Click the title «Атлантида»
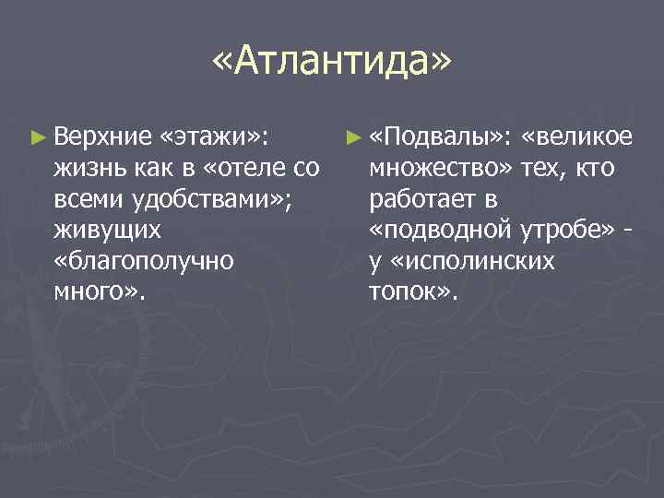[332, 63]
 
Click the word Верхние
[102, 138]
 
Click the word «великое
[576, 138]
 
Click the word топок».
[411, 292]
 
